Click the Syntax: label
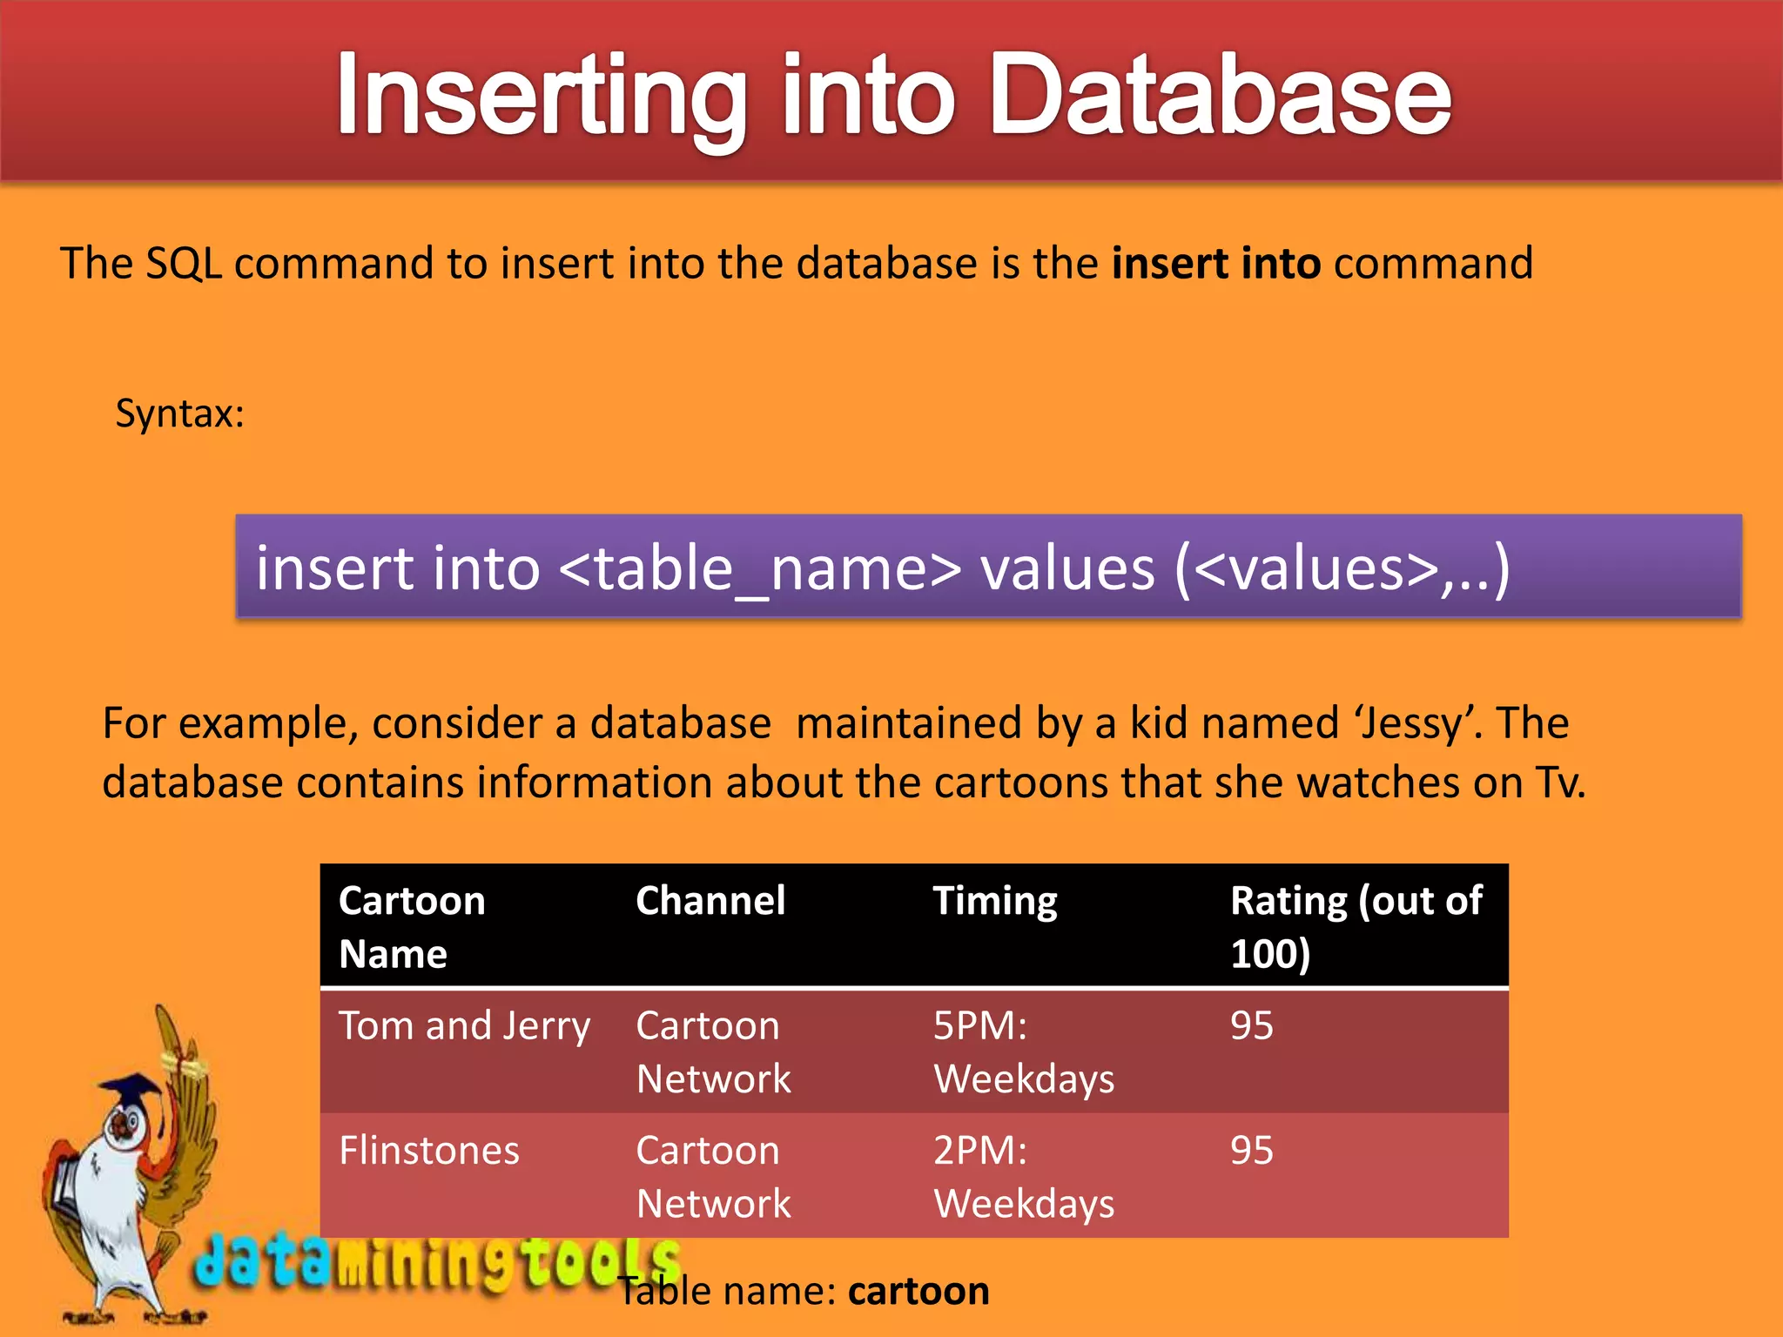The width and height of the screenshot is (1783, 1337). pos(180,413)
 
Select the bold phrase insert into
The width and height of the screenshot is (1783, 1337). pos(1216,263)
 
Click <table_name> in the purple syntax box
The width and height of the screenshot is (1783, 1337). pos(759,568)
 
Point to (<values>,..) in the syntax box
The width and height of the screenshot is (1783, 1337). pos(1342,568)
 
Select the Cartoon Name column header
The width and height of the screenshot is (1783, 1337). pos(412,926)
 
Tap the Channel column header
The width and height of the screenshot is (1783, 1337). pos(710,901)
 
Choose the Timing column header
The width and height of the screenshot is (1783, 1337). pos(995,901)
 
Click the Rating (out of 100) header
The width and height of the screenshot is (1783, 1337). pos(1356,926)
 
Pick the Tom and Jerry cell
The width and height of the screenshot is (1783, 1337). pos(464,1026)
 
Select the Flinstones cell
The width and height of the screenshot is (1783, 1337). pos(429,1151)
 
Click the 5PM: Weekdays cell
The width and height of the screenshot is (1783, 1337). pos(1024,1051)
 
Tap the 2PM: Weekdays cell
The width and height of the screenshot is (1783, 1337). pos(1024,1177)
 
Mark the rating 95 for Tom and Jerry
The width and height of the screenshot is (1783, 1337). pos(1251,1026)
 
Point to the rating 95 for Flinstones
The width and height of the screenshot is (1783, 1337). pos(1251,1151)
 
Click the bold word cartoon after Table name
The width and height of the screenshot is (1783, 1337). pos(918,1291)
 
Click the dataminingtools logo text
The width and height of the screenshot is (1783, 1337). pos(435,1262)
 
